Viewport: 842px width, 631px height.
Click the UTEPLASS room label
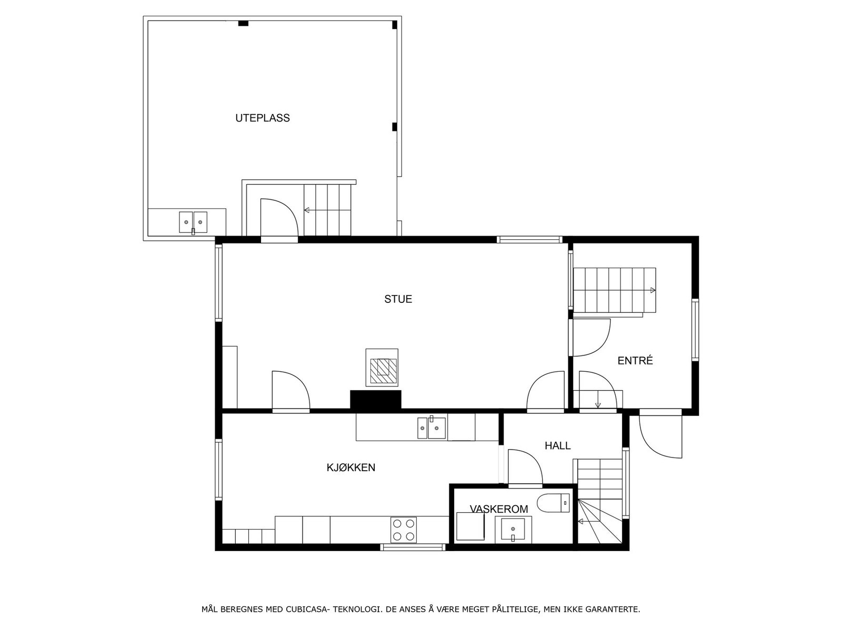(262, 118)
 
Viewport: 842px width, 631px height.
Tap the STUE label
(398, 299)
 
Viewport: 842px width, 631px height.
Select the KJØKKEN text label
(350, 467)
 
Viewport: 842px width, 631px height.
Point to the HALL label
(557, 446)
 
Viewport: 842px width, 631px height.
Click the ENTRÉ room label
(635, 361)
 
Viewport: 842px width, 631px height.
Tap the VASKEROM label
(498, 508)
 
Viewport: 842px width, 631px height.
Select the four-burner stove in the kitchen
(404, 530)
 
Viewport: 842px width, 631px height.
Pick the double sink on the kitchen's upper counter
(432, 428)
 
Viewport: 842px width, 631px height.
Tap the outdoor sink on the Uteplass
(193, 222)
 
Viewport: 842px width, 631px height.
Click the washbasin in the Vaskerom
(513, 529)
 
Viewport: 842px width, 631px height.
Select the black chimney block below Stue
(376, 400)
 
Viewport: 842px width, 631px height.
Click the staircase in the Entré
(614, 290)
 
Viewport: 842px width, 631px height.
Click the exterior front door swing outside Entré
(659, 436)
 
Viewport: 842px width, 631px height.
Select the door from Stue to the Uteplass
(279, 218)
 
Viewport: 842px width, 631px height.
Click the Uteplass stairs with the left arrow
(327, 210)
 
